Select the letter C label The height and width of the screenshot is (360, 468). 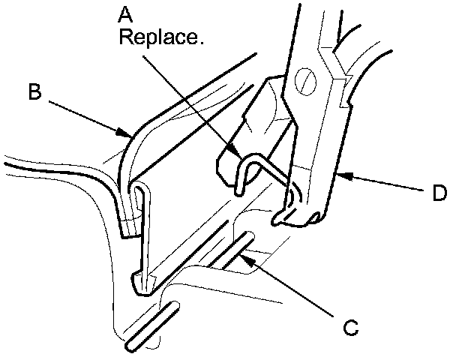[349, 328]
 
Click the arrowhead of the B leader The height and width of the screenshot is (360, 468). [128, 136]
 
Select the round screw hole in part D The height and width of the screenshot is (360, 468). [307, 78]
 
